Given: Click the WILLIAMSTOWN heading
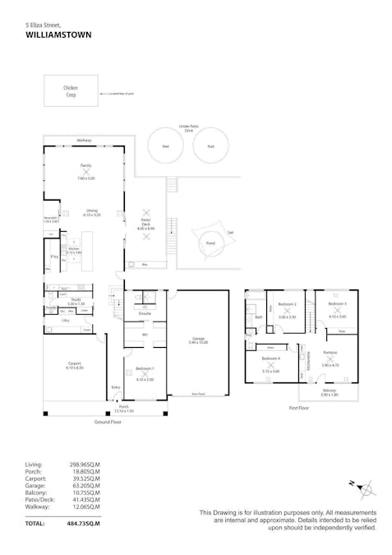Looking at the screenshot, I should point(58,35).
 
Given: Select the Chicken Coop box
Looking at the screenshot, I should point(71,90).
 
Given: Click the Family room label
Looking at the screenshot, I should point(85,165).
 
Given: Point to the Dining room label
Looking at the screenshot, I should point(91,211).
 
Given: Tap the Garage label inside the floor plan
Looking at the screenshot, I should point(198,339).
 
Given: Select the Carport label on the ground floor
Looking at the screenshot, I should point(74,364).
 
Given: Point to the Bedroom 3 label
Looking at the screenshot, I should point(338,303).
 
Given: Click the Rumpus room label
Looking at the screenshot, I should point(330,352).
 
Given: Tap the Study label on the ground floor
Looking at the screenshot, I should point(76,299).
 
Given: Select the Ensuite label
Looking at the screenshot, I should point(144,314).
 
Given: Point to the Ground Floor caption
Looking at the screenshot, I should point(108,421).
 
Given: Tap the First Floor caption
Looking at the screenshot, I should point(299,407).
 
